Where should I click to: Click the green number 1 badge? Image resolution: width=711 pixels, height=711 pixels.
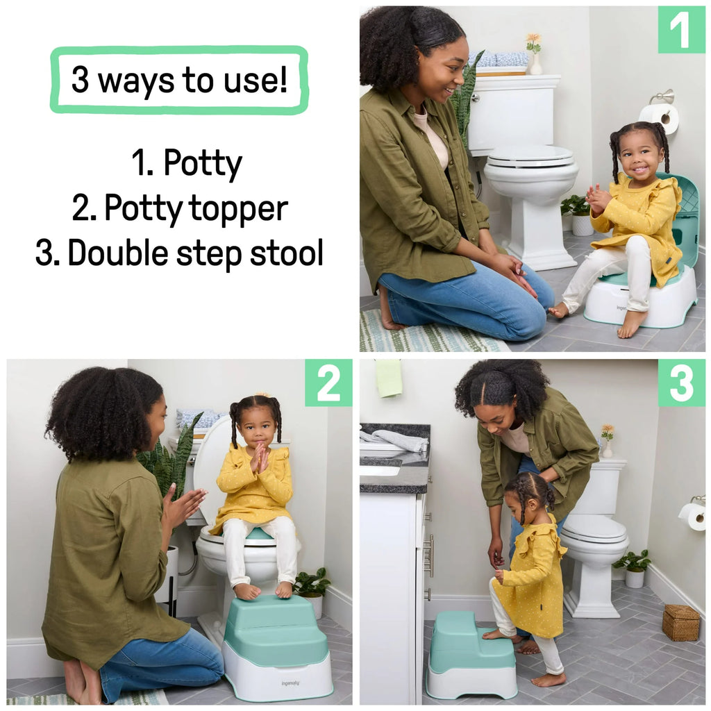point(681,29)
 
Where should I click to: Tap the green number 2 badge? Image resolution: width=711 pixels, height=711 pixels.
point(328,383)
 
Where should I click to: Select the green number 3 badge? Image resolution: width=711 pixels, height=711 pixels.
point(681,383)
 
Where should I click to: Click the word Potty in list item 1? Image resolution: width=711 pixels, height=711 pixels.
point(203,164)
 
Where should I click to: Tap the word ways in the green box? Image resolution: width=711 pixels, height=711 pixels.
point(136,81)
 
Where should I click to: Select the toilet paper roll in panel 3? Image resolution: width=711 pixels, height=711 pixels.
point(692,516)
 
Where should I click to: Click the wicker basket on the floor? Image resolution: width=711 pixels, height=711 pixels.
point(680,622)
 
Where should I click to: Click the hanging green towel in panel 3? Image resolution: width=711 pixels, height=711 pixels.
point(388,378)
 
